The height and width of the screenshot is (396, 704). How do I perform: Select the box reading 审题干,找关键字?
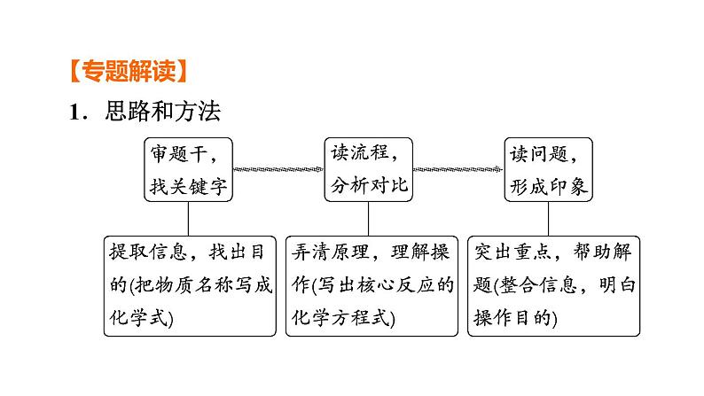click(x=189, y=169)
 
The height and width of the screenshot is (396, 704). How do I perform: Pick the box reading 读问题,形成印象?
click(x=548, y=169)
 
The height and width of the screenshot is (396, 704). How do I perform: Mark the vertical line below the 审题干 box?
click(x=189, y=218)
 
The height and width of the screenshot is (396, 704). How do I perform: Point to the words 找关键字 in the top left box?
click(x=189, y=186)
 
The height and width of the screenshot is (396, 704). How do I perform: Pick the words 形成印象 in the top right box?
click(x=548, y=186)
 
